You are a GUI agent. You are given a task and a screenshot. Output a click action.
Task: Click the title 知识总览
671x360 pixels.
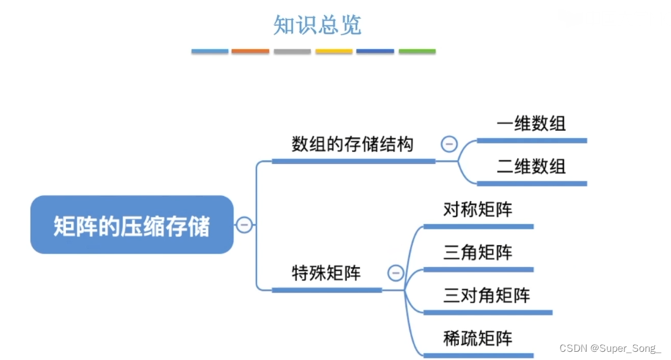317,25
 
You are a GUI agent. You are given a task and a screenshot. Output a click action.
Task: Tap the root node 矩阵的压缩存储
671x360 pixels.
132,225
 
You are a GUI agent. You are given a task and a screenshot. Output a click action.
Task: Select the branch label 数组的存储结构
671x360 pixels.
352,144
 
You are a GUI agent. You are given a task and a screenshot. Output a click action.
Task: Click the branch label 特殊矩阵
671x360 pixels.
326,273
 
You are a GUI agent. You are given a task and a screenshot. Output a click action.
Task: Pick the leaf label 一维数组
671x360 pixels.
531,124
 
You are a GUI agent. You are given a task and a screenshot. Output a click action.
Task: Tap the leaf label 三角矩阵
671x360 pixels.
478,253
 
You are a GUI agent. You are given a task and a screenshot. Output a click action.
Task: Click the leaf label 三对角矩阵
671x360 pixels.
486,295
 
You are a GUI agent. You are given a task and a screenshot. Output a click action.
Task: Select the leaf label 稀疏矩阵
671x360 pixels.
478,339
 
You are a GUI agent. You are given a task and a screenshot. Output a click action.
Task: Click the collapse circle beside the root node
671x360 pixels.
244,224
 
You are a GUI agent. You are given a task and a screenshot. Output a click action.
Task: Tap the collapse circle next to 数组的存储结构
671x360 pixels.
449,144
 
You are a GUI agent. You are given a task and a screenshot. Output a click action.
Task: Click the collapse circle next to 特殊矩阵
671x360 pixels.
396,273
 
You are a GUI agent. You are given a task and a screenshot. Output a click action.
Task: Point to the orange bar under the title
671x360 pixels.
250,51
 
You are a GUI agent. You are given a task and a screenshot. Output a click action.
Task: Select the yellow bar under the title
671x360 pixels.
334,51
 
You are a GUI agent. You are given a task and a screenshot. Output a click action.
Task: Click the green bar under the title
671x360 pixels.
417,51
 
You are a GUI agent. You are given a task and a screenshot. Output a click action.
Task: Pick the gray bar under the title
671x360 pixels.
292,51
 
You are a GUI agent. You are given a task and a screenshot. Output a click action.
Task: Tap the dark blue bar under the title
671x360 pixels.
375,51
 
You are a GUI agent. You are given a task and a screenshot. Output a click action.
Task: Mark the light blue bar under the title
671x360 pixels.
210,51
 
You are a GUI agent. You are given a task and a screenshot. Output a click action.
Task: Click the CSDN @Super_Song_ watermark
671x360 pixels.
610,348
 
